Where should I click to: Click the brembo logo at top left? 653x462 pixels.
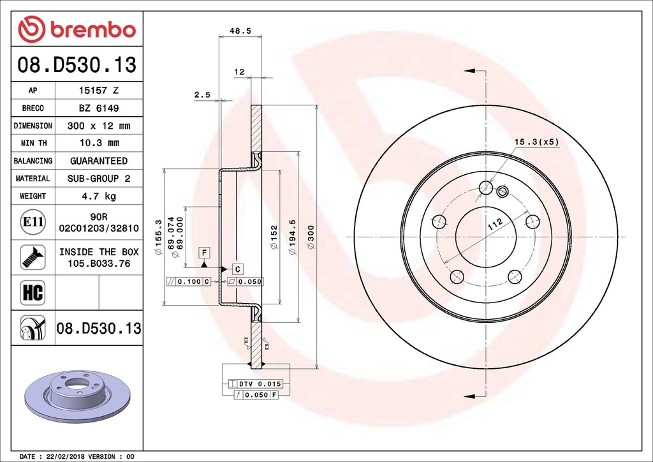point(77,29)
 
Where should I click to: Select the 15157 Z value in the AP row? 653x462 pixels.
point(98,91)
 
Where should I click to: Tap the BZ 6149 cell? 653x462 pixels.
point(98,108)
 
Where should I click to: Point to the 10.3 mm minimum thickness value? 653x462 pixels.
point(98,143)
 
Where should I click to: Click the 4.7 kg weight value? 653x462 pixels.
point(98,196)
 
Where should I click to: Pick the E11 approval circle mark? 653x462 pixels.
point(33,222)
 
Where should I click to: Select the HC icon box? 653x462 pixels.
point(33,293)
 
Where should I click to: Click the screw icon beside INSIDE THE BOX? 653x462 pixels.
point(33,257)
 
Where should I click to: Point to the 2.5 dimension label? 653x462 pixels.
point(202,94)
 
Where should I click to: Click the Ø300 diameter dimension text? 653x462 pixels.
point(311,237)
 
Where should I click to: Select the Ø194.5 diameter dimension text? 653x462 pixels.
point(293,237)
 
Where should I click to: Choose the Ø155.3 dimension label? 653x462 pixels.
point(158,237)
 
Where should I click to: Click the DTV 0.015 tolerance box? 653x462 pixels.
point(254,384)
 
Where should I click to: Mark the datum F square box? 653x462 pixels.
point(203,251)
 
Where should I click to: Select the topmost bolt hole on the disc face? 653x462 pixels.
point(485,188)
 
